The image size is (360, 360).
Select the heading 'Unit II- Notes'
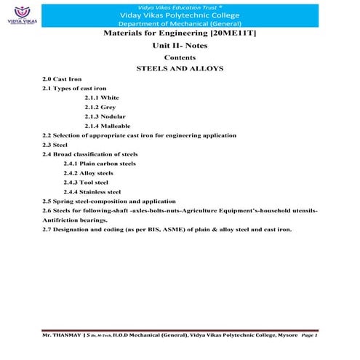coord(180,45)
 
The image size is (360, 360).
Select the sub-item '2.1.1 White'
coord(102,97)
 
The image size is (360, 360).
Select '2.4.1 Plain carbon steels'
coord(100,163)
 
